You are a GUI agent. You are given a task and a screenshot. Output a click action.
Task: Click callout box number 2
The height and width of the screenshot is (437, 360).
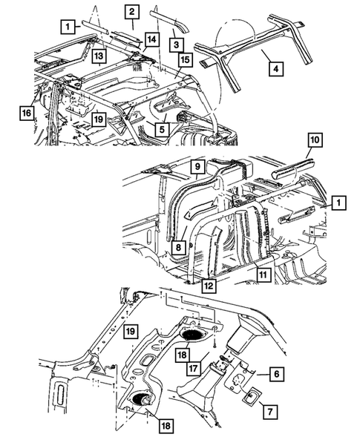[x=131, y=11]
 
